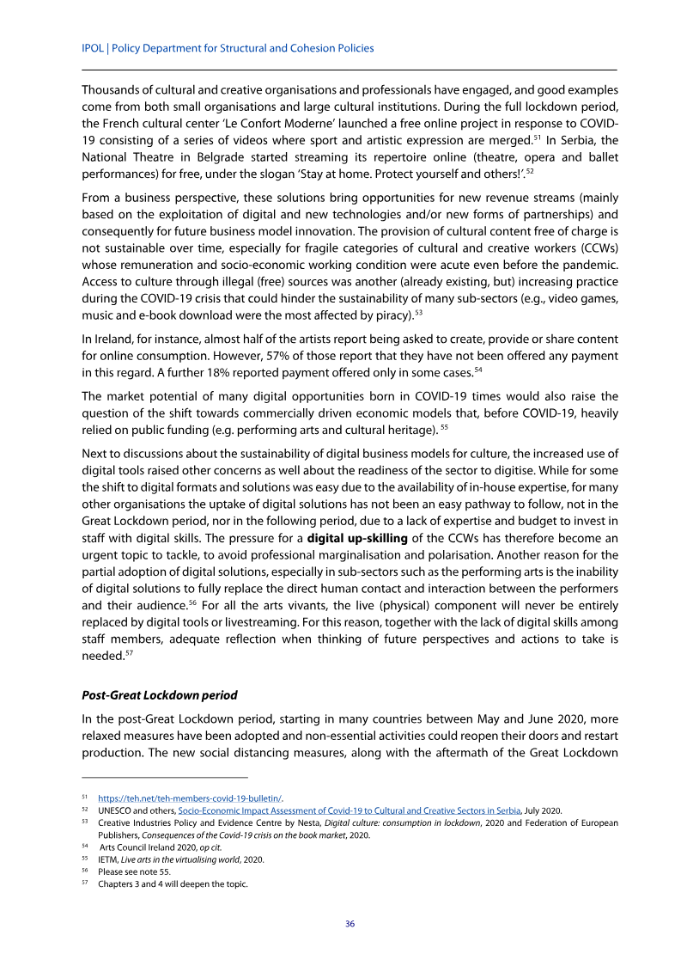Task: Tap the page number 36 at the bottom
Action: (350, 924)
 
